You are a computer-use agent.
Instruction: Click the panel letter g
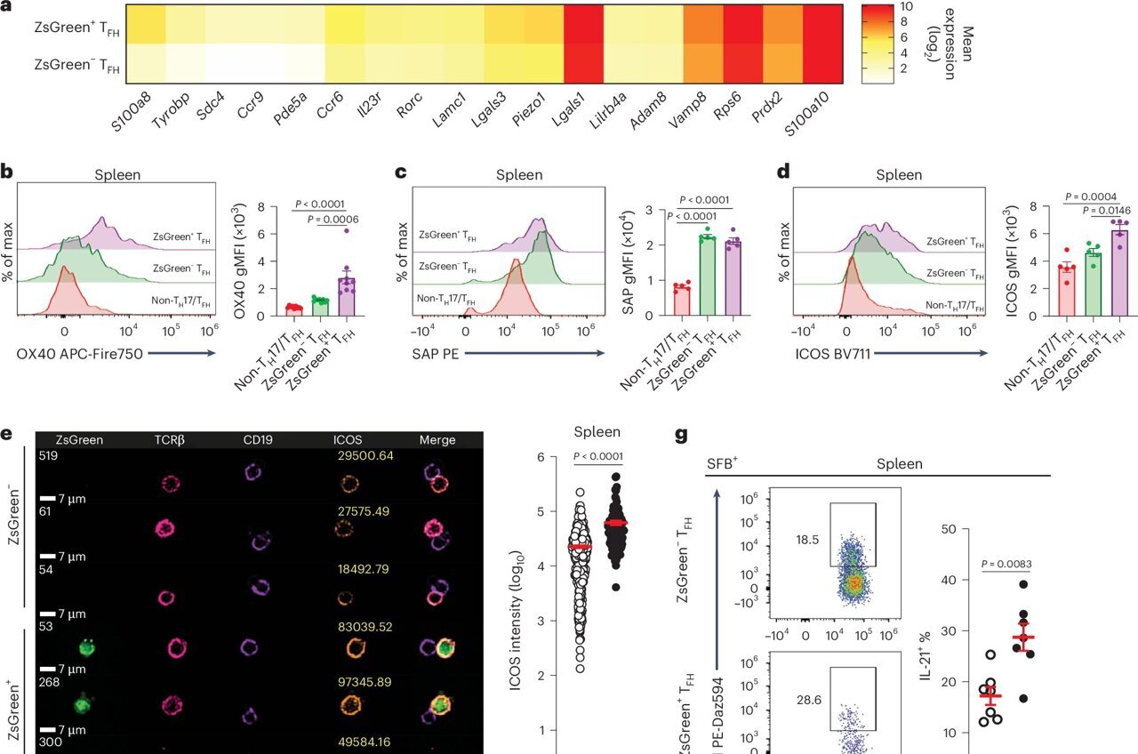(x=682, y=436)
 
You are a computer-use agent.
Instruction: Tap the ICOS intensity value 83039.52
(x=365, y=626)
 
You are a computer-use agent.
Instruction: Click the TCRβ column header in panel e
(x=172, y=439)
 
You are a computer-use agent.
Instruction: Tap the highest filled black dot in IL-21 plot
(x=1023, y=584)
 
